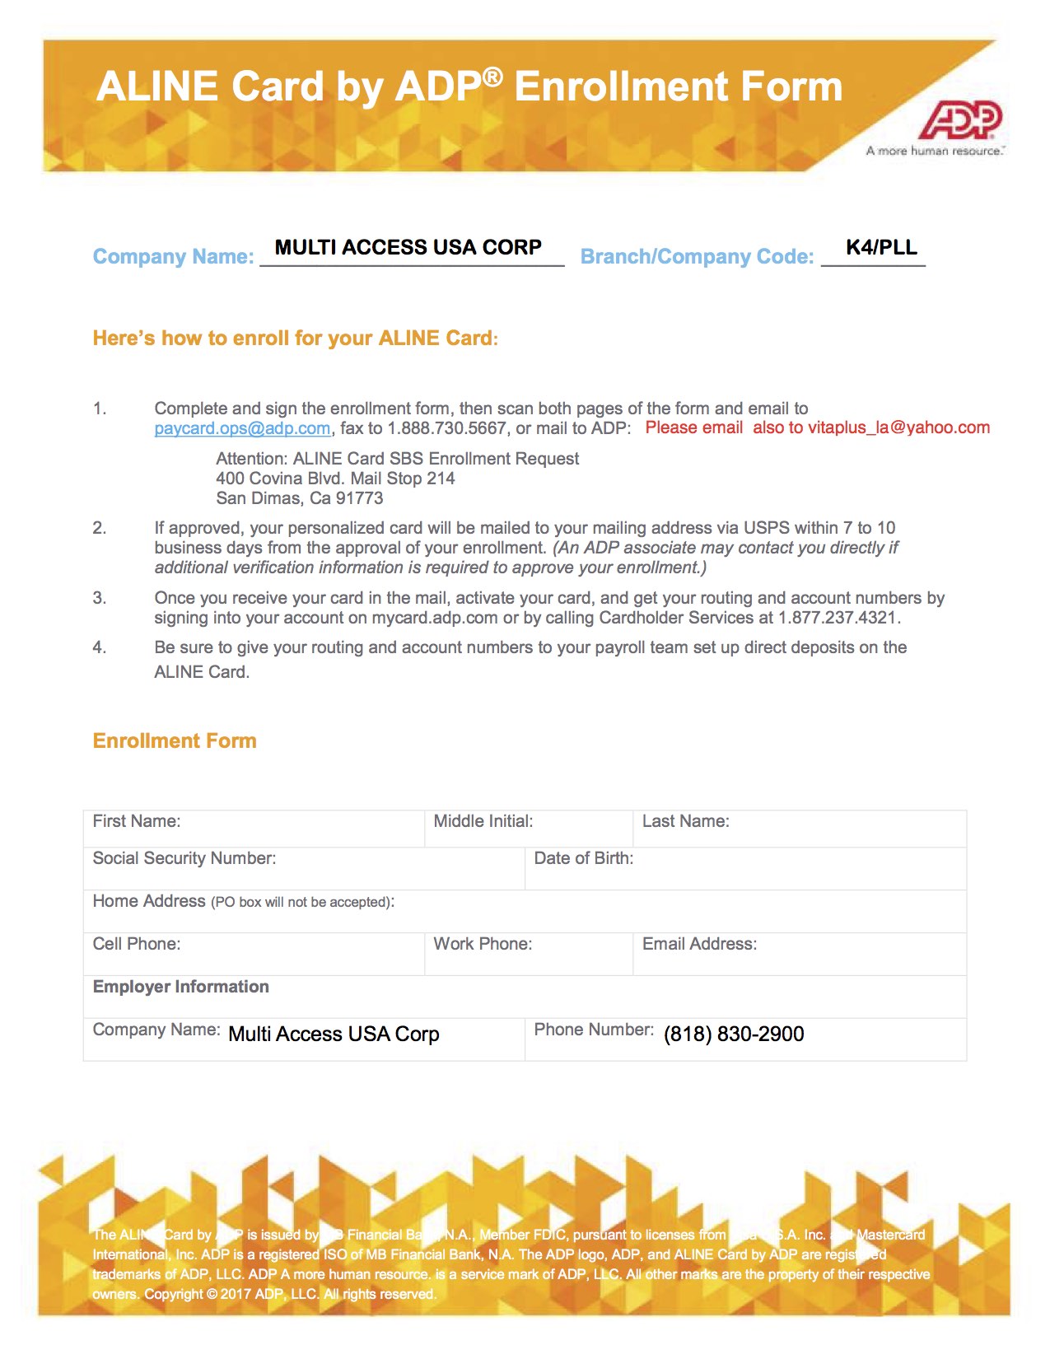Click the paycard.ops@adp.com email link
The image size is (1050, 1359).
point(242,428)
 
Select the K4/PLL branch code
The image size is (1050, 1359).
point(881,247)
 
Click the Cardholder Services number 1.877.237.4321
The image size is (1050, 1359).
point(838,618)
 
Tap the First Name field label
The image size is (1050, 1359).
point(137,821)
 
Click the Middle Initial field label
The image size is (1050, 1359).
point(483,821)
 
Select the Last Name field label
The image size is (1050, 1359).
point(686,821)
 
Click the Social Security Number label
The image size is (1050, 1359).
point(184,858)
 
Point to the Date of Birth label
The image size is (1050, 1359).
point(584,858)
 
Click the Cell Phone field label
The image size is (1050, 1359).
point(137,944)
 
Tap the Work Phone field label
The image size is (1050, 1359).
point(483,944)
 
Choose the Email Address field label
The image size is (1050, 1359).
point(699,944)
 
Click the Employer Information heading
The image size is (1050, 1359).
point(181,987)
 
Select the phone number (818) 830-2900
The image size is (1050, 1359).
point(734,1034)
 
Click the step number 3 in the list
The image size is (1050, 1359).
point(100,598)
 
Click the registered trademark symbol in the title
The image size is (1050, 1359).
point(492,77)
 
